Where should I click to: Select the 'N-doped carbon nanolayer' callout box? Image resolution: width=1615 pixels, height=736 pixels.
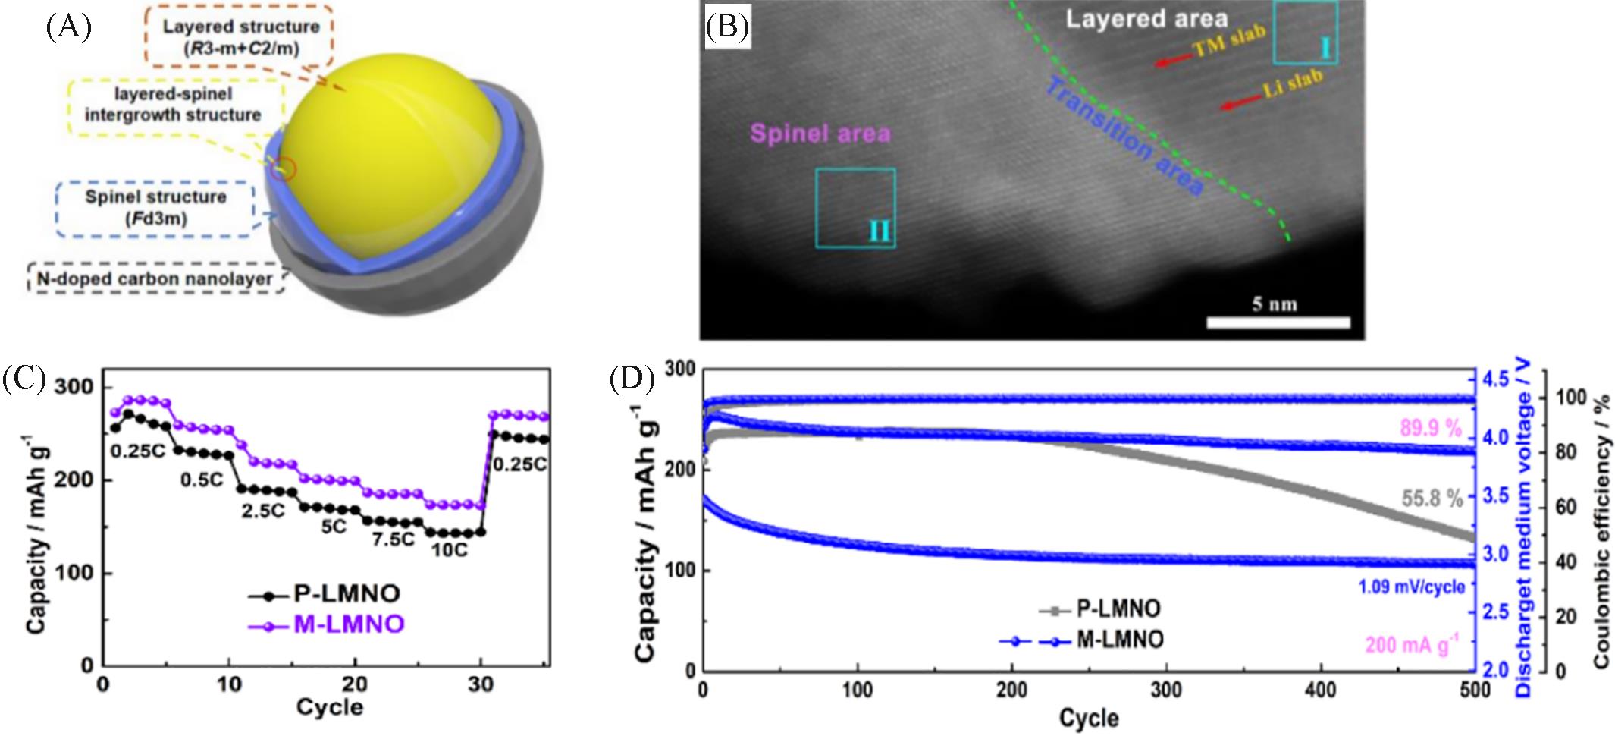155,279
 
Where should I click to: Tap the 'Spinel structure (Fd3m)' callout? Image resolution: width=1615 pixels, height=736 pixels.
155,208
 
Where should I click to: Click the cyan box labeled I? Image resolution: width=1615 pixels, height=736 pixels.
1305,32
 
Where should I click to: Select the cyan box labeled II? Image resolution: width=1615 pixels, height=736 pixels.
855,208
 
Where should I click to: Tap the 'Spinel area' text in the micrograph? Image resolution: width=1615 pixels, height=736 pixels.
820,134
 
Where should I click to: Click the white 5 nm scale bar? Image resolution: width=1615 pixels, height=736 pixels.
1278,322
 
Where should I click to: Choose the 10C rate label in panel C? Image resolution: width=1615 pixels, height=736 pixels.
449,549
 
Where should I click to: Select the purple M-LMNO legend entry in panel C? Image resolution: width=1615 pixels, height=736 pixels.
326,625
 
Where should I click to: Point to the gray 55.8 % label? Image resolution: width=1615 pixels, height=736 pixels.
1432,498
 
